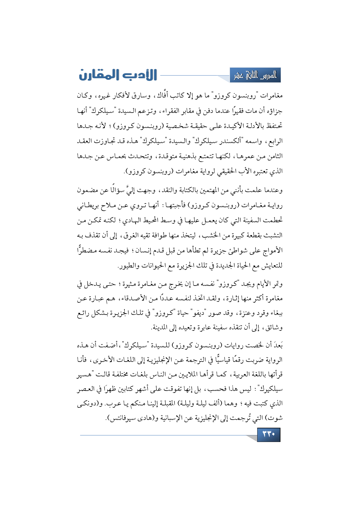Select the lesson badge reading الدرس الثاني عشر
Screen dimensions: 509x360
pos(255,76)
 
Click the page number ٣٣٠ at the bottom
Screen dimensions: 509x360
pos(269,434)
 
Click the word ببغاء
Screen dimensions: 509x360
pos(275,313)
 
